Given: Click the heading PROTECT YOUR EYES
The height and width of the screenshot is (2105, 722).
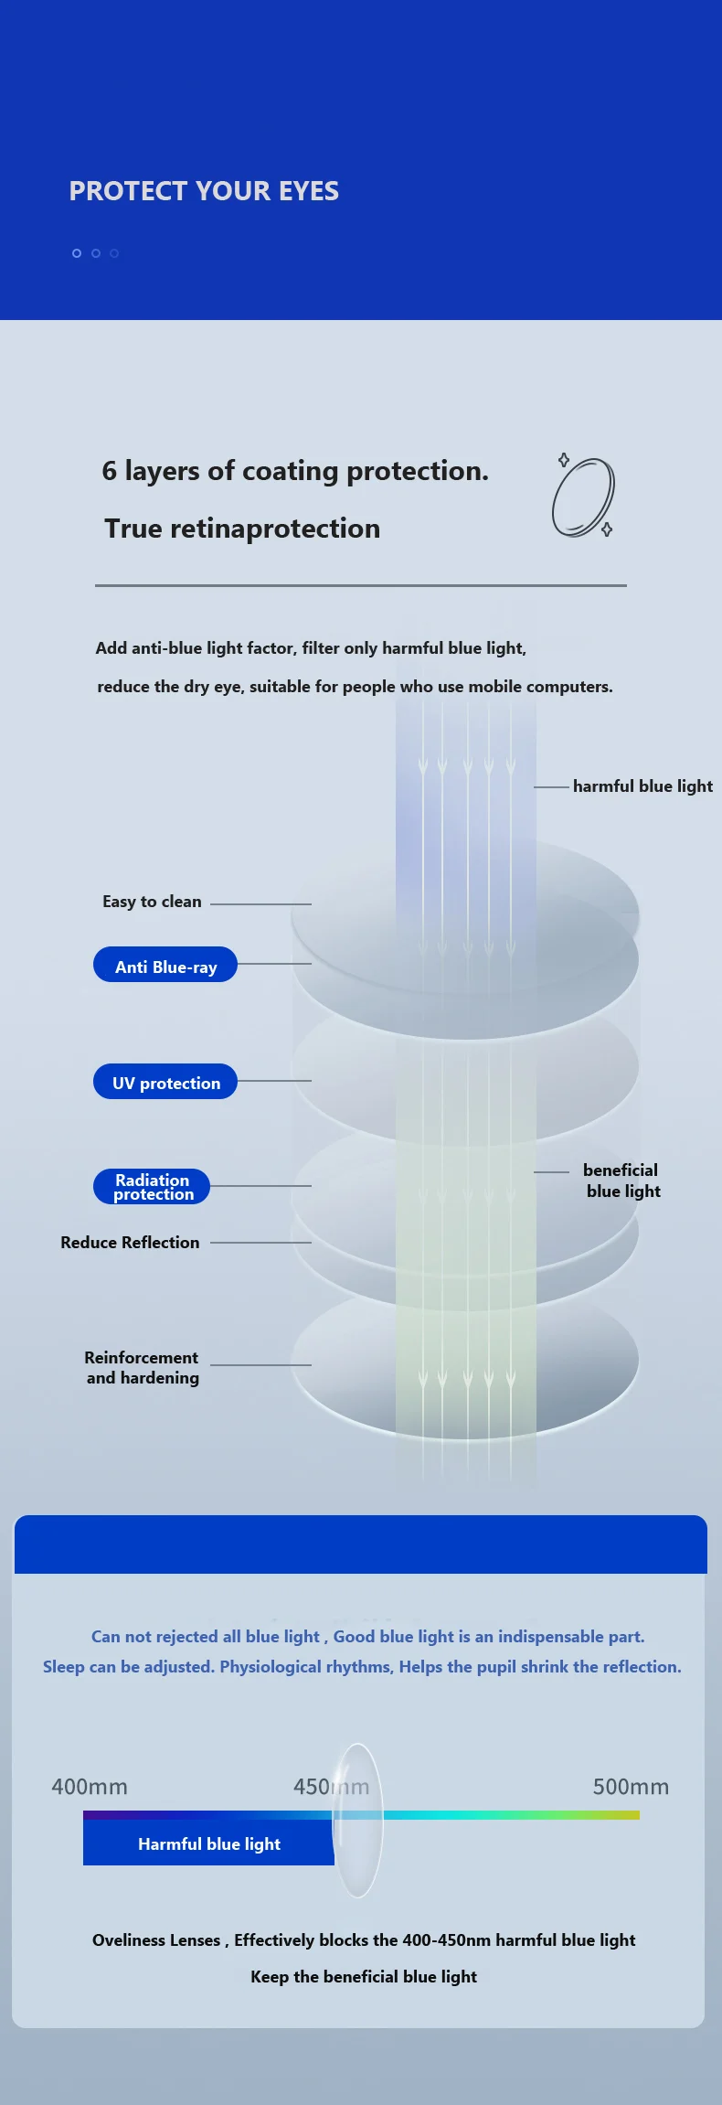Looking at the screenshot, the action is coord(204,191).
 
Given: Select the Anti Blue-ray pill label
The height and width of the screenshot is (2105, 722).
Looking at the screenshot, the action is coord(165,966).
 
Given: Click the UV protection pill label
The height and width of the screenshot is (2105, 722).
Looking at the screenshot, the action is coord(165,1083).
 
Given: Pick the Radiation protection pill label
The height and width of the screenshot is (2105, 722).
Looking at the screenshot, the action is coord(152,1187).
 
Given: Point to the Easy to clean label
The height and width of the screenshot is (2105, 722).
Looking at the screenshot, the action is coord(152,902).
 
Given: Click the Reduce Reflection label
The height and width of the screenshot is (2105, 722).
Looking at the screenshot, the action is coord(130,1243).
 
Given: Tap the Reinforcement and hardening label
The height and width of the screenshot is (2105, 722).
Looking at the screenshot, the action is coord(142,1368).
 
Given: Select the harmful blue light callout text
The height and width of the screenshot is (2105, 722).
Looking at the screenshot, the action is coord(642,786).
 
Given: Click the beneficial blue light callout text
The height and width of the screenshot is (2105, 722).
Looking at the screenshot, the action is coord(621,1181).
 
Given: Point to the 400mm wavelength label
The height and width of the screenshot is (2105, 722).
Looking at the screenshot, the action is coord(90,1787).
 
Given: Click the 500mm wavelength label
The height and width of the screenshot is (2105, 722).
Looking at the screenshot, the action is coord(631,1787).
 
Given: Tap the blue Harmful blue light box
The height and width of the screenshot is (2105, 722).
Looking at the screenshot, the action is coord(208,1843).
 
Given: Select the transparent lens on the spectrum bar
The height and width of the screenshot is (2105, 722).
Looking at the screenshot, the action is coord(356,1820).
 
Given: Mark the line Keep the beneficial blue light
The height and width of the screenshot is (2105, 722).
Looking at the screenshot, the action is coord(364,1977).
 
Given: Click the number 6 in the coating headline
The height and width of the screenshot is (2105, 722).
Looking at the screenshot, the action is coord(110,471).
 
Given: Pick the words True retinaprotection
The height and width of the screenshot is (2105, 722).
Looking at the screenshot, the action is coord(242,529).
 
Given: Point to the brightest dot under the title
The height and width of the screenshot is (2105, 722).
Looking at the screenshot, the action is coord(77,253).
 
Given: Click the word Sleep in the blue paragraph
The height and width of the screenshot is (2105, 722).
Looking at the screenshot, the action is coord(63,1667).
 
